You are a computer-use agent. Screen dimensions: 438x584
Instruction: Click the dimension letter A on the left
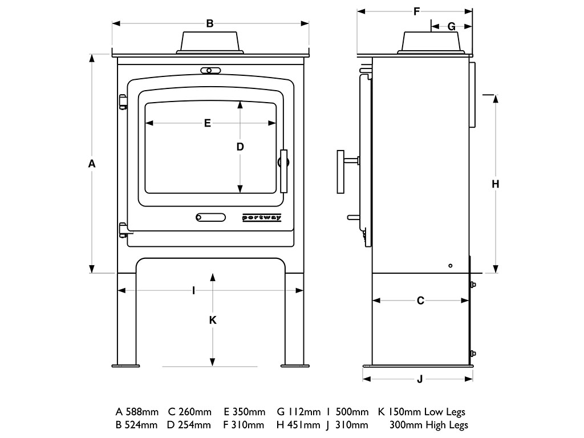tap(92, 164)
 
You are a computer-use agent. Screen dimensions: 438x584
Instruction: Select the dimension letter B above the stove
tap(210, 23)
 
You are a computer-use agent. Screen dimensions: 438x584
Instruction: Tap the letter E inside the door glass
tap(208, 123)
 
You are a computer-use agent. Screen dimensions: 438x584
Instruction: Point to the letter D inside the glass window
tap(240, 147)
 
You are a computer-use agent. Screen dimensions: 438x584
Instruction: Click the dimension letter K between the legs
tap(213, 320)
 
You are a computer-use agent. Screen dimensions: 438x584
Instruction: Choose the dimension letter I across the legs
tap(194, 290)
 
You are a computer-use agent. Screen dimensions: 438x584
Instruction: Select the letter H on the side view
tap(496, 184)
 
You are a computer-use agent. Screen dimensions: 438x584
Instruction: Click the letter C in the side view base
tap(420, 301)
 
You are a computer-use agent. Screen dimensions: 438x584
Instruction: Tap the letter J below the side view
tap(420, 379)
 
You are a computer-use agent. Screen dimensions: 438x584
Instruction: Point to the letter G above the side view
tap(451, 26)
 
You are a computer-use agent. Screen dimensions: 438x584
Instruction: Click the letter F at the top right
tap(416, 11)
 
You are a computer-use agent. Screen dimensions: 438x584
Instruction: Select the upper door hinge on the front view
tap(122, 102)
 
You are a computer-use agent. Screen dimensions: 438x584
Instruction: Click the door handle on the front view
tap(283, 171)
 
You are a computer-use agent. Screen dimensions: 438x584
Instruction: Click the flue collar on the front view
tap(210, 42)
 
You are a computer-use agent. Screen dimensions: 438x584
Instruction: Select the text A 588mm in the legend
tap(137, 412)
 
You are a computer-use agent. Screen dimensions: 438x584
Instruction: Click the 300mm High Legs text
tap(428, 425)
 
